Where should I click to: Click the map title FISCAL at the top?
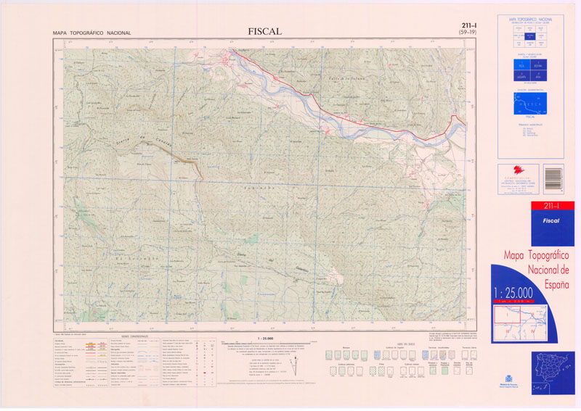pyautogui.click(x=264, y=31)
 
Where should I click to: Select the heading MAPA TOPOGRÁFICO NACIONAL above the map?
pyautogui.click(x=92, y=33)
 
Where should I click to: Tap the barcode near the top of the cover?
pyautogui.click(x=553, y=177)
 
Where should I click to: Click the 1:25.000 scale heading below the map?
pyautogui.click(x=264, y=338)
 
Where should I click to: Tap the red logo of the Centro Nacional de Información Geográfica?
pyautogui.click(x=506, y=173)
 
